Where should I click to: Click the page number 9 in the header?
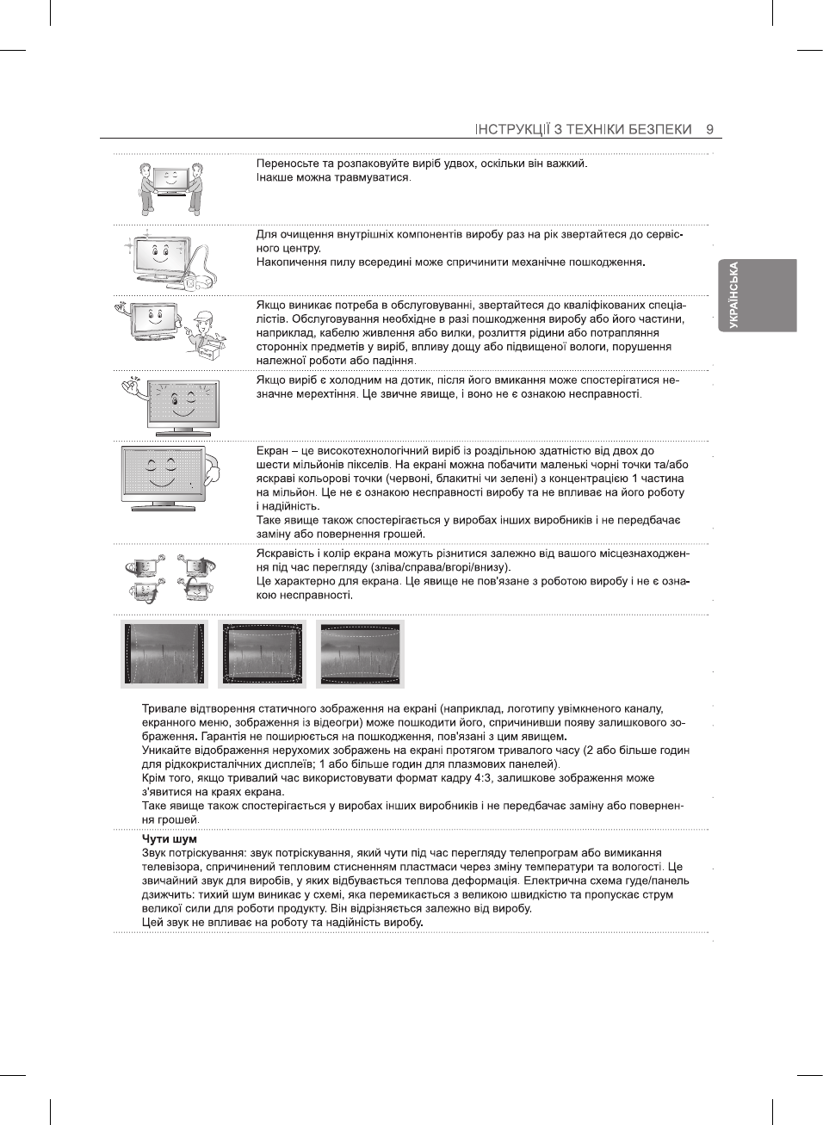[710, 129]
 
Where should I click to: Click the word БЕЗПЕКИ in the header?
[659, 129]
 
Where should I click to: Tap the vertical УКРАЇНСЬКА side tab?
[734, 295]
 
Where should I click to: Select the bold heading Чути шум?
[170, 839]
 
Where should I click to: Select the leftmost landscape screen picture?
[164, 653]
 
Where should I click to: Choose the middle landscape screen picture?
[263, 653]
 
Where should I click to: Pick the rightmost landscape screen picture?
[360, 653]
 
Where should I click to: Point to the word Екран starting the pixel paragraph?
[272, 451]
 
